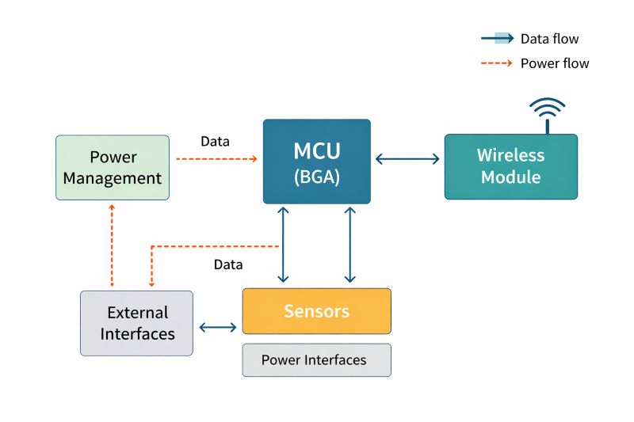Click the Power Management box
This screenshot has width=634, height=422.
point(113,167)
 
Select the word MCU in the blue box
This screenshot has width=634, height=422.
point(316,150)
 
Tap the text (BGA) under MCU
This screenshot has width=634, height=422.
point(316,177)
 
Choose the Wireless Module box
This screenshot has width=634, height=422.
point(510,166)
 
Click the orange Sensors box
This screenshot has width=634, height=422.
point(316,311)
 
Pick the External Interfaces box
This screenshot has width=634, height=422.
point(136,323)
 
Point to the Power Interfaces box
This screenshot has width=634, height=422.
point(316,360)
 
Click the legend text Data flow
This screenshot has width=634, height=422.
point(549,39)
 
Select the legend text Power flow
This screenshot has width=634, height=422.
point(554,63)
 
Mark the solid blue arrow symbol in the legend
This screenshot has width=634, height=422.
point(497,39)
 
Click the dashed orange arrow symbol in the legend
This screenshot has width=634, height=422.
point(497,63)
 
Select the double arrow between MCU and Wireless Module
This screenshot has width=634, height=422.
point(407,159)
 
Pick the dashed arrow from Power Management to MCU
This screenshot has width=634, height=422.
point(216,159)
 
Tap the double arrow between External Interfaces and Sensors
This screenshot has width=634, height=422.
point(217,327)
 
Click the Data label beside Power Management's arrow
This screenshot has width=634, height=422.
point(215,142)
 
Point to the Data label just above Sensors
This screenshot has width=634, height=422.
point(228,264)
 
